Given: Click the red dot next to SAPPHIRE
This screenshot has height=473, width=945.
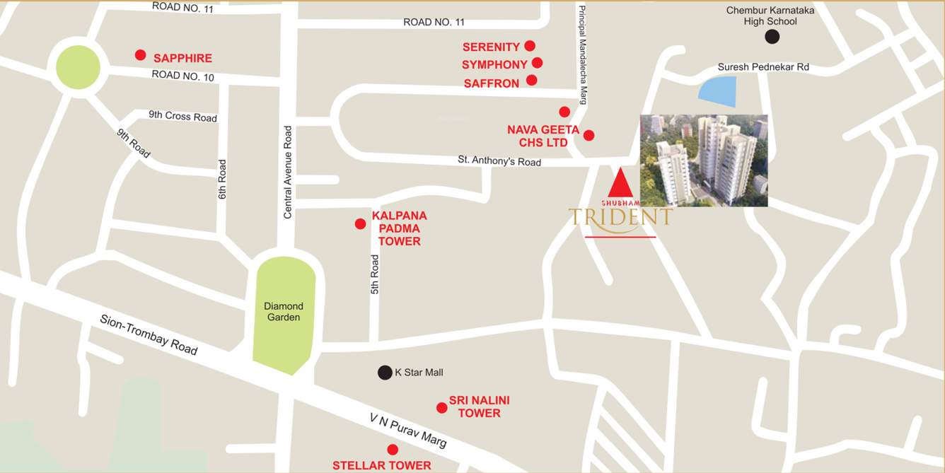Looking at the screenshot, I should coord(140,55).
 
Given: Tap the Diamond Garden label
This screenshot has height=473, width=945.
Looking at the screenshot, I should coord(284,312).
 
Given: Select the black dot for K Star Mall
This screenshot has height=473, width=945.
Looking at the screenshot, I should coord(385,373).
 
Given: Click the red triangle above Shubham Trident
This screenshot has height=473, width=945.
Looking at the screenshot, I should coord(620,182).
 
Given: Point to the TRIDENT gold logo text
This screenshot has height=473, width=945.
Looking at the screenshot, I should coord(620,217).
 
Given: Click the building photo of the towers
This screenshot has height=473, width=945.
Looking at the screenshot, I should coord(704,160).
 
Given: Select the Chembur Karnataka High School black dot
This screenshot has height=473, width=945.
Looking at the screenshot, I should coord(772,37).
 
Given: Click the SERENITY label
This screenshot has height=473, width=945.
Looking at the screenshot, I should coord(491,47).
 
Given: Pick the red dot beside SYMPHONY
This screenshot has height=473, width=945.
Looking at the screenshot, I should coord(537,63).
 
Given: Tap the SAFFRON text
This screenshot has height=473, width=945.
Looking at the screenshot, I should coord(491,83).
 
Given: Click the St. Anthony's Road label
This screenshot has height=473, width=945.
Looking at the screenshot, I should coord(499,161).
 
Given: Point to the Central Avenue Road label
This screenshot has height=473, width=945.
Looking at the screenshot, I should coord(288,172).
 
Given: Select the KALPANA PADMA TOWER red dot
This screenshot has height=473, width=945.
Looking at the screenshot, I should coord(360,224).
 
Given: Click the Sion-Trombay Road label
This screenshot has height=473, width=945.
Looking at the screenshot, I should coord(149,335).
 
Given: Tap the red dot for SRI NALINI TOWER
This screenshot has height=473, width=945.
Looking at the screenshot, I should coord(441,408).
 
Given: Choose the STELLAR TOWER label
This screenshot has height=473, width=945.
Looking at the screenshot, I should coord(382,465).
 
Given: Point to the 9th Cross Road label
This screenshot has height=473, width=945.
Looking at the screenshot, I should coord(182,116).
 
